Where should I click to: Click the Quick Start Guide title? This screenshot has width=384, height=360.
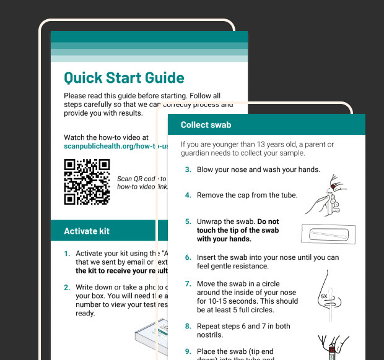pos(124,78)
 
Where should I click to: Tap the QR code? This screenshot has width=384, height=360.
pos(87,182)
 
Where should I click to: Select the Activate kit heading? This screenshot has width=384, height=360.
pos(87,231)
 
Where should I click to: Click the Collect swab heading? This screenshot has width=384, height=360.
pos(206,125)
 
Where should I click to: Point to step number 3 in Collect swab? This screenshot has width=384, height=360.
pos(188,169)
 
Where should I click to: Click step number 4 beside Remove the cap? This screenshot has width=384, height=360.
pos(188,195)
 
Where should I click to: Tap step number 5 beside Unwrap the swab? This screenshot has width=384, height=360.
pos(188,221)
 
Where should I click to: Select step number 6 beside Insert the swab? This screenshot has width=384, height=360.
pos(188,257)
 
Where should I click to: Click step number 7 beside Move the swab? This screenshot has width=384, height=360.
pos(188,283)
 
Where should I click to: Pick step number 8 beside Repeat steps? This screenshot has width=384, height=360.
pos(188,326)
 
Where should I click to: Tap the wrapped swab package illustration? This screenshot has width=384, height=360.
pos(327,234)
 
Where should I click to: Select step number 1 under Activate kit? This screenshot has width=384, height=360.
pos(66,254)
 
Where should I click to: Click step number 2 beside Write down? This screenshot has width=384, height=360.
pos(66,288)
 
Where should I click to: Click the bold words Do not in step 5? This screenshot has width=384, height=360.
pos(268,221)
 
